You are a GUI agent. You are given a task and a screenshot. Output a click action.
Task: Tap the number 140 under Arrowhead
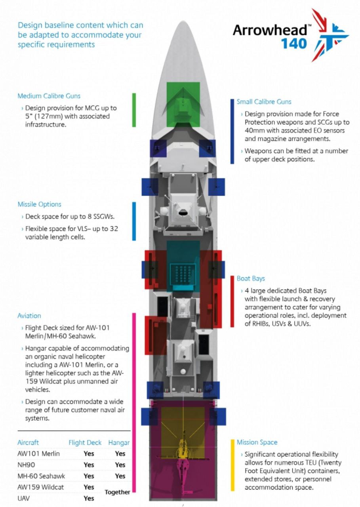point(294,43)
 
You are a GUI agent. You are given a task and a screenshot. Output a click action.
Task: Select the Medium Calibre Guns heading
point(49,96)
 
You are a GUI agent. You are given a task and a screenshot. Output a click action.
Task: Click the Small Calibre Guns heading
point(264,102)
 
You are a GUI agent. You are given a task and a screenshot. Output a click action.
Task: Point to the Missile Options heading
point(39,204)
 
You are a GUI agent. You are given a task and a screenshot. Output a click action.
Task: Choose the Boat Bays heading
point(251,278)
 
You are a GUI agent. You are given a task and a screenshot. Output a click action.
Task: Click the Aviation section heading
point(29,316)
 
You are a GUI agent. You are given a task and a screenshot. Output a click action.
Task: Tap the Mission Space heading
point(257,442)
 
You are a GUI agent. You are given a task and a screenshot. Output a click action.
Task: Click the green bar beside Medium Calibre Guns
point(134,111)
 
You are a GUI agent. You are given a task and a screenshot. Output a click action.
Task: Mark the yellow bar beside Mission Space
point(232,465)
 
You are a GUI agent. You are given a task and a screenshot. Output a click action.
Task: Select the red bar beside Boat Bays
point(232,302)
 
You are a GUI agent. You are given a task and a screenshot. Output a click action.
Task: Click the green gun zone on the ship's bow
point(183,104)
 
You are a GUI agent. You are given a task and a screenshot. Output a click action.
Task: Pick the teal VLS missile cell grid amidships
point(183,273)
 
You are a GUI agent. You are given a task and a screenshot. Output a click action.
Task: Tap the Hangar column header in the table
point(119,442)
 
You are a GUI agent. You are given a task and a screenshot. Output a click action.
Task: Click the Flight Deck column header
point(85,442)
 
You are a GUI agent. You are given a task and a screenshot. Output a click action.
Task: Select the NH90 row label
point(27,465)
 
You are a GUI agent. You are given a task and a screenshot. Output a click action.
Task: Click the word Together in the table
point(117,492)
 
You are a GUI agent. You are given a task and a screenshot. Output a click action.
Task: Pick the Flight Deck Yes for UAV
point(89,498)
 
